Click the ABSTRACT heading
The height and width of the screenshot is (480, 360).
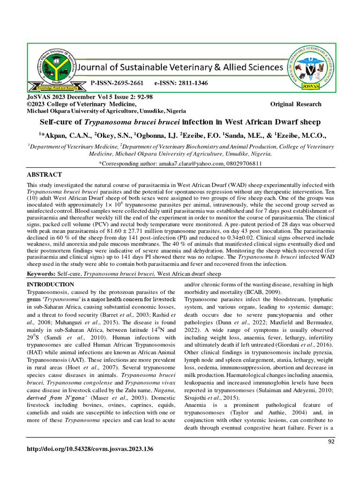pos(45,174)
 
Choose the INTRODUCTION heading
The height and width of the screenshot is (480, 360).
pos(50,285)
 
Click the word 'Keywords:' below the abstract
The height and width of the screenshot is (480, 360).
pos(41,274)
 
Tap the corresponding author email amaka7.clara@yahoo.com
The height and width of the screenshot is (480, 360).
pos(193,164)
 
